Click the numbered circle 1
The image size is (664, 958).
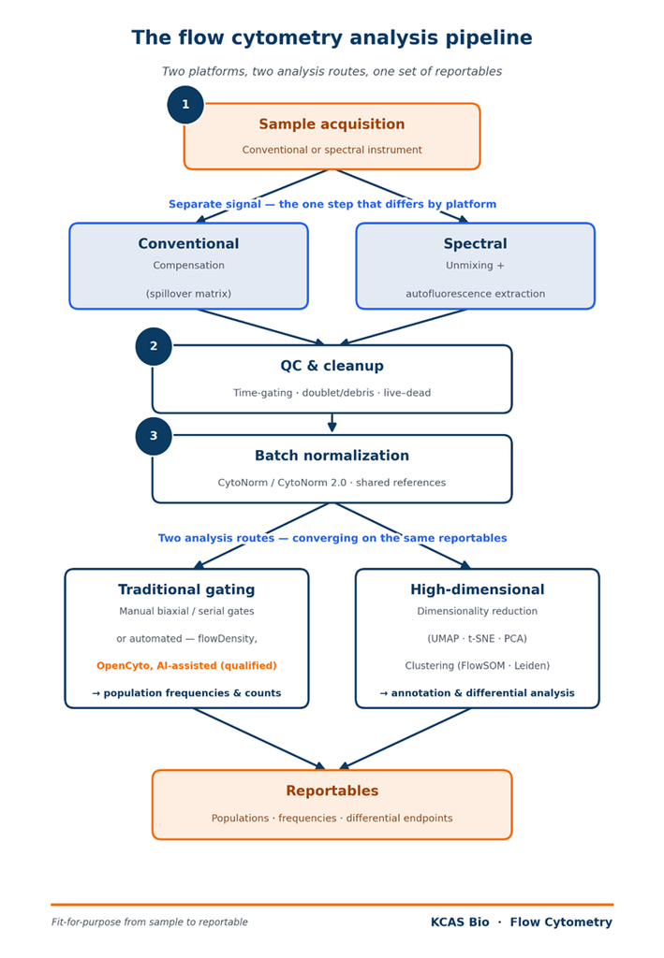(x=185, y=105)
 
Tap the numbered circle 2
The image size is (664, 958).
(x=154, y=346)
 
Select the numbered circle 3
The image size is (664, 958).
(x=154, y=436)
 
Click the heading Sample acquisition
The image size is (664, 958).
(x=332, y=124)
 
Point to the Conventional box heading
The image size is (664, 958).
(x=188, y=244)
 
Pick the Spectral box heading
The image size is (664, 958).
(x=475, y=244)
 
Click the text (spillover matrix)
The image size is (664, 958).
(x=188, y=294)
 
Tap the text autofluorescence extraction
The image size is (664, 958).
(x=475, y=294)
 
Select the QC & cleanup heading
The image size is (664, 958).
(x=332, y=366)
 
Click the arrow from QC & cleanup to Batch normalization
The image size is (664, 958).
(x=332, y=423)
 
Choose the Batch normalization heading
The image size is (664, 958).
(x=332, y=456)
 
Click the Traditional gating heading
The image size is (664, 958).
(x=186, y=589)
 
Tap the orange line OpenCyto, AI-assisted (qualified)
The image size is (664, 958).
(x=186, y=666)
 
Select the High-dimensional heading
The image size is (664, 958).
(x=477, y=589)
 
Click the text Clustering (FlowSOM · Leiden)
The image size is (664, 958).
(x=477, y=666)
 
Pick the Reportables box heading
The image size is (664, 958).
(x=332, y=791)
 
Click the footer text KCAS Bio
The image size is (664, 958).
(x=460, y=922)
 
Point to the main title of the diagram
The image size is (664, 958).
(x=332, y=37)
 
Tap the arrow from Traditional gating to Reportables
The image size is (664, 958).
(x=259, y=739)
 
